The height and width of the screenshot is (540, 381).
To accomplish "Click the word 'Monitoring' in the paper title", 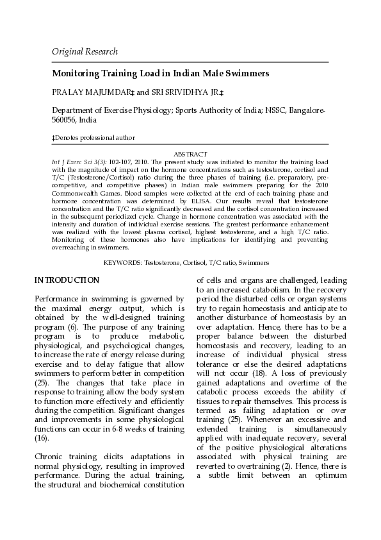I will tap(75, 74).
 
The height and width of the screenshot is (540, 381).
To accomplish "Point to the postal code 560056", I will tap(65, 119).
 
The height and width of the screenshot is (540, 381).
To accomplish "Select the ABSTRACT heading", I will tap(190, 154).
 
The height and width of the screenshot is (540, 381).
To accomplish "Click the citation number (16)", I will tap(40, 437).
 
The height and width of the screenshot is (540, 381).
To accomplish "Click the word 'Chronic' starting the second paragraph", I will tap(50, 457).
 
